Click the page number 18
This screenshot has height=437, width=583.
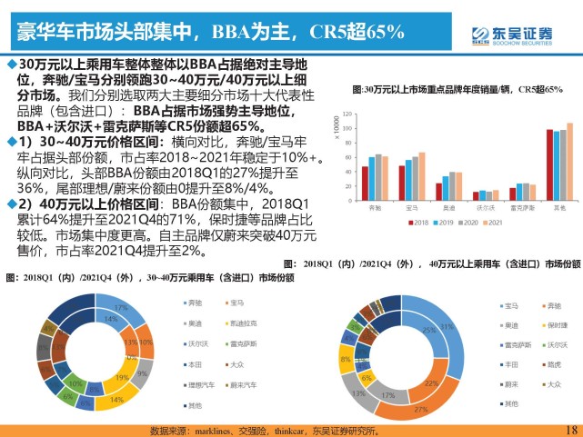pyautogui.click(x=570, y=429)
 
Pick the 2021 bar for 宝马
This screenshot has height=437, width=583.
pyautogui.click(x=421, y=176)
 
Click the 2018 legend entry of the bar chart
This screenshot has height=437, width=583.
pyautogui.click(x=417, y=221)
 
